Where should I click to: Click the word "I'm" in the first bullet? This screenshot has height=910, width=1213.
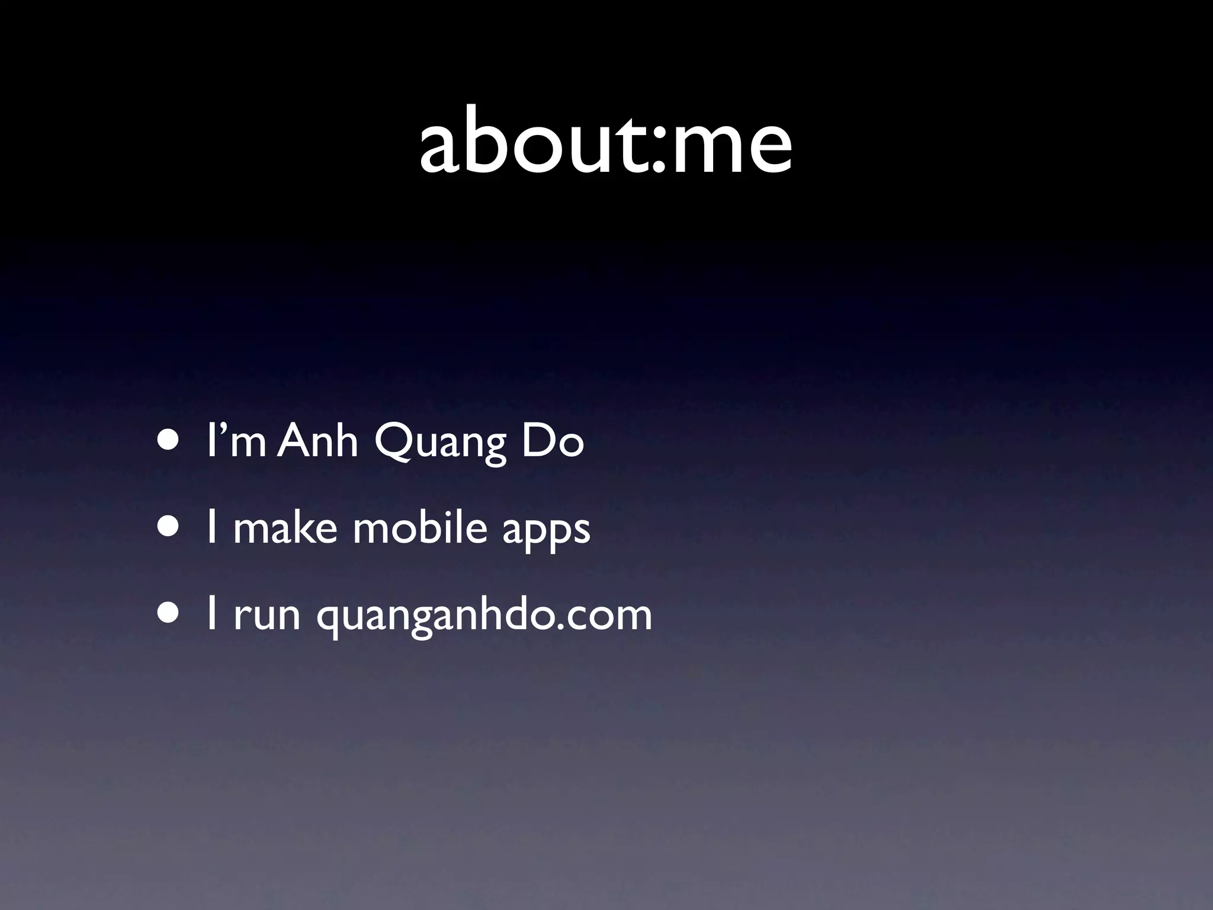tap(236, 441)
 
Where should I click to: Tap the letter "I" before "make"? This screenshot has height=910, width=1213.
tap(211, 527)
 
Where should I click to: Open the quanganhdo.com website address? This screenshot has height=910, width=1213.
tap(484, 616)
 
